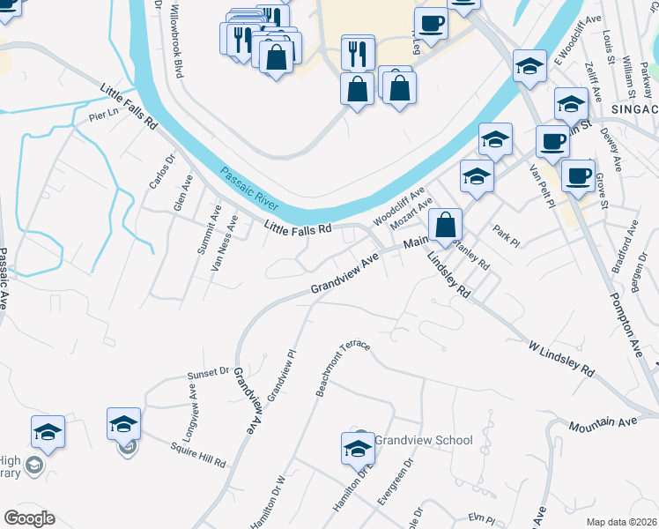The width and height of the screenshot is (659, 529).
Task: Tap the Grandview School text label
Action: pos(424,440)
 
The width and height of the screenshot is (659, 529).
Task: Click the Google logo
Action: pos(29,518)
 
